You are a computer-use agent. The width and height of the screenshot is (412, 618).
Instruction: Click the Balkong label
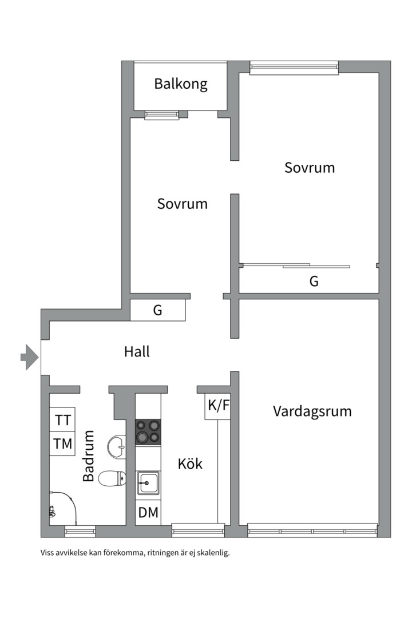coord(180,84)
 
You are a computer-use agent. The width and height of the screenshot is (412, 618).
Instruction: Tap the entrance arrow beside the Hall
coord(29,358)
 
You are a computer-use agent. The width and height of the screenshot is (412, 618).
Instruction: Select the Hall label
coord(137,351)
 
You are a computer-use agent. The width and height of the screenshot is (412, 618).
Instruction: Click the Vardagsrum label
coord(312,411)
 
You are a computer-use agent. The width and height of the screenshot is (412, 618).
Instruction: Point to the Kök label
coord(190,463)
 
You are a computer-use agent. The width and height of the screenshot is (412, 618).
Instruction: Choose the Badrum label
coord(89,455)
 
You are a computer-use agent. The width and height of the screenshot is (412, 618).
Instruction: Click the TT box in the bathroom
coord(63,420)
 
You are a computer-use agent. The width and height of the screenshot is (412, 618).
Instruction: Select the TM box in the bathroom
coord(63,443)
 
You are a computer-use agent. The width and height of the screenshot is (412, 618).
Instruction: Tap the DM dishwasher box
coord(148,513)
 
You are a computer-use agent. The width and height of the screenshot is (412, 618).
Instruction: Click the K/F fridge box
coord(218,406)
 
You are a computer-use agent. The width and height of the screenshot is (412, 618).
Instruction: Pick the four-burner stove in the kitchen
coord(148,432)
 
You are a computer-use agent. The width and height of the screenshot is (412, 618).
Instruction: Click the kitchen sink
coord(148,483)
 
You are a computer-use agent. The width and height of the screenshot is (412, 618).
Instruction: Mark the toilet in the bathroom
coord(112,478)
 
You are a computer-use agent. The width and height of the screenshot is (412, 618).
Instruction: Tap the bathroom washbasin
coord(116,445)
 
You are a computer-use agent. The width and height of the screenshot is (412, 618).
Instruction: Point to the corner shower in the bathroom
coord(60,506)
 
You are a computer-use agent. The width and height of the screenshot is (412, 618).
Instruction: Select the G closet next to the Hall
coord(158,311)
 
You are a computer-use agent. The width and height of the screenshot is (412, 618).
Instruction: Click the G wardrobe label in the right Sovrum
coord(314,282)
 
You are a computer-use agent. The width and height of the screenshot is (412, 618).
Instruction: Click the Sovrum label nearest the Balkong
coord(182,204)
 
